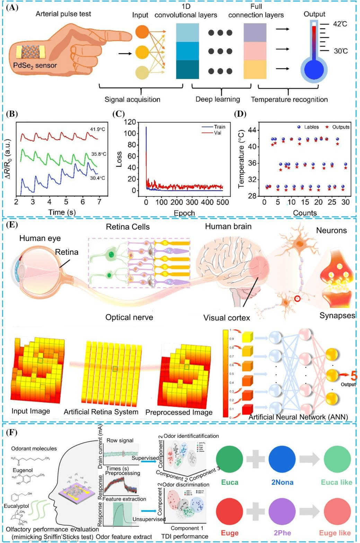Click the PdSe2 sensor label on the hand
pyautogui.click(x=35, y=65)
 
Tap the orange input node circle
pyautogui.click(x=142, y=32)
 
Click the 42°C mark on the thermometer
pyautogui.click(x=340, y=24)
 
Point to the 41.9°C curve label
pyautogui.click(x=97, y=129)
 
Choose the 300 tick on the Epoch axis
pyautogui.click(x=192, y=202)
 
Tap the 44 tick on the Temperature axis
pyautogui.click(x=252, y=130)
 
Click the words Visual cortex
pyautogui.click(x=227, y=318)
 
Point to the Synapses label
pyautogui.click(x=337, y=315)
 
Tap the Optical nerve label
pyautogui.click(x=129, y=317)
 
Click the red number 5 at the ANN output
pyautogui.click(x=353, y=376)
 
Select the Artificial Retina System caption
pyautogui.click(x=101, y=412)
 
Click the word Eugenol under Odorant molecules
pyautogui.click(x=23, y=470)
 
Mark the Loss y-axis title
pyautogui.click(x=119, y=159)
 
